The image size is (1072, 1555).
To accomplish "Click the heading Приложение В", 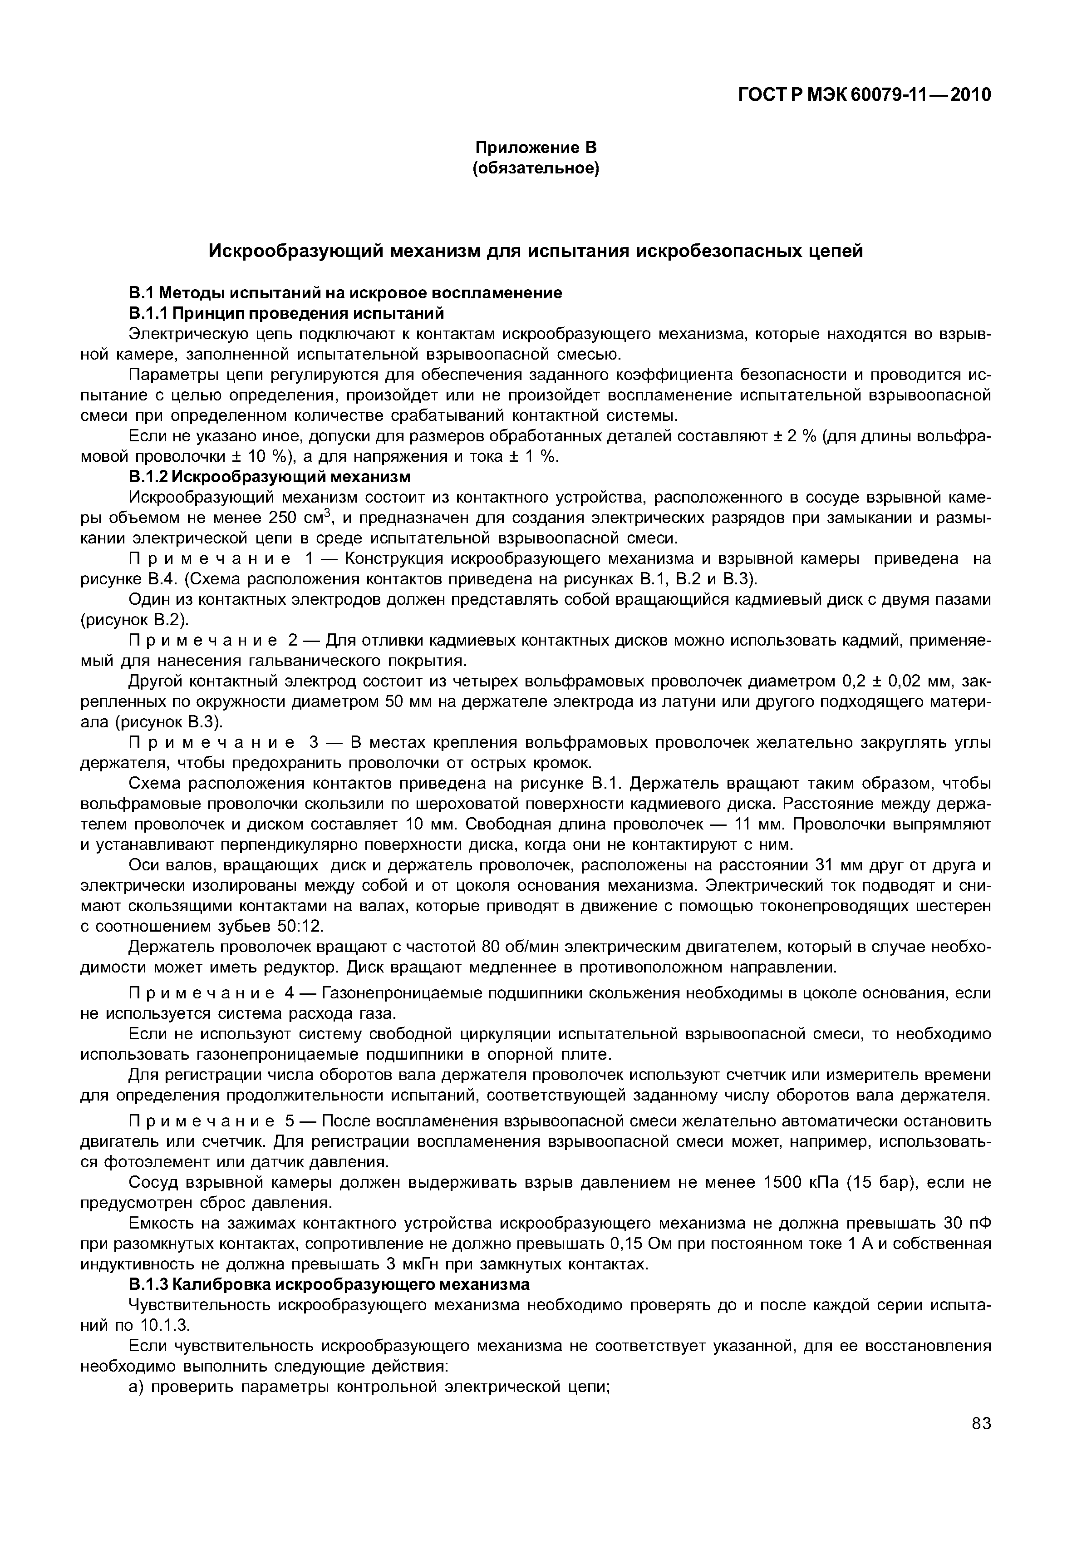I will pos(536,147).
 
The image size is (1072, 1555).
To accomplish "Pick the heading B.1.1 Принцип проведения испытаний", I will pos(286,313).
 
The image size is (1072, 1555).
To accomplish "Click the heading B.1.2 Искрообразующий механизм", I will pos(269,476).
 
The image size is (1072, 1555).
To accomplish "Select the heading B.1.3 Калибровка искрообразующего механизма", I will pos(329,1285).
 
